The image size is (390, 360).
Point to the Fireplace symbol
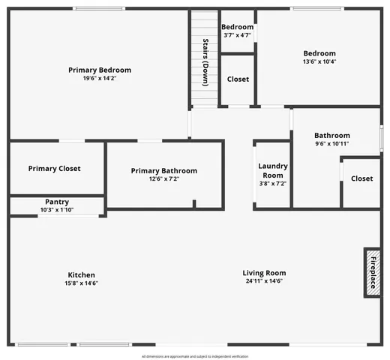point(372,273)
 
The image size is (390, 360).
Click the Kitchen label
point(82,274)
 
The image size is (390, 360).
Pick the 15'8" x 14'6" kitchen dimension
point(82,283)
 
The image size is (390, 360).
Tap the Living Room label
point(264,273)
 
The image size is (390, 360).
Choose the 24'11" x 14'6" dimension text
point(264,282)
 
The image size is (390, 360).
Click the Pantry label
point(57,202)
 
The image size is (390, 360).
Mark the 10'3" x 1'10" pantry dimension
point(57,209)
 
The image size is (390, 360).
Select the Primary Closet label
point(54,169)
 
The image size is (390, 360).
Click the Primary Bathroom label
point(164,171)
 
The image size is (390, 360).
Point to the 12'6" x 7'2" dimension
point(164,179)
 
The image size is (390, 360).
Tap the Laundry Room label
point(272,170)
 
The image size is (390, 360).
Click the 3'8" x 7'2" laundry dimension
point(272,184)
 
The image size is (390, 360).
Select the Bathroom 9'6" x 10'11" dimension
point(331,144)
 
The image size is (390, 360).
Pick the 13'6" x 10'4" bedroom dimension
point(319,61)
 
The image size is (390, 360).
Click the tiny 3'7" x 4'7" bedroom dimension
point(238,35)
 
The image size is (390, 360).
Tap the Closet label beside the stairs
point(238,79)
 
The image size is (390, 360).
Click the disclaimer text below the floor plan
point(195,356)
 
